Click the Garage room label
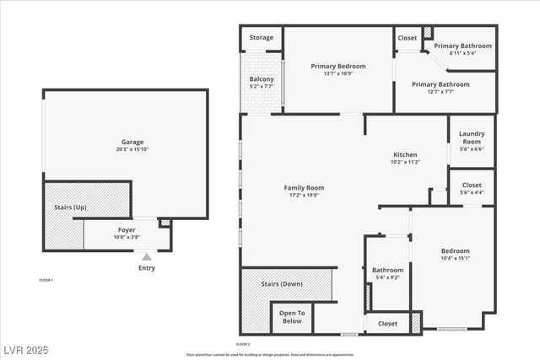[x=125, y=142]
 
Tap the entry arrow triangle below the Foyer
[x=147, y=257]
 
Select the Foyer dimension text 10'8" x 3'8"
[x=127, y=237]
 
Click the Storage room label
[x=261, y=37]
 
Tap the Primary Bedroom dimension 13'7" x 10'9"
[x=337, y=73]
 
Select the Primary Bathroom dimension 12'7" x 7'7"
[x=440, y=92]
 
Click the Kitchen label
[x=406, y=154]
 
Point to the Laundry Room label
[x=472, y=137]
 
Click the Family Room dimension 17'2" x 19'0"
[x=303, y=196]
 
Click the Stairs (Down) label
[x=281, y=283]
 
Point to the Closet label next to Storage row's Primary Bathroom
[x=407, y=37]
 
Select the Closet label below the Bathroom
[x=387, y=323]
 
